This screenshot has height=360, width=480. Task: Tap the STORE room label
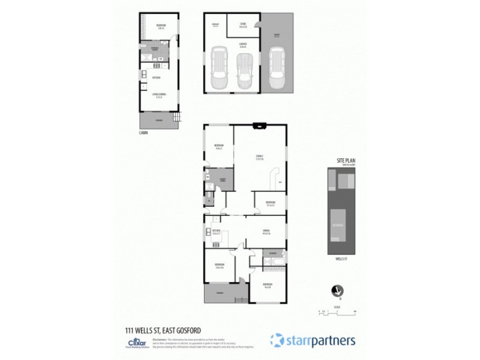point(243,25)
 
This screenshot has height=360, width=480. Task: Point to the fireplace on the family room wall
point(260,126)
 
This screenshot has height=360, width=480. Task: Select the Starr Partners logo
point(313,340)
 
